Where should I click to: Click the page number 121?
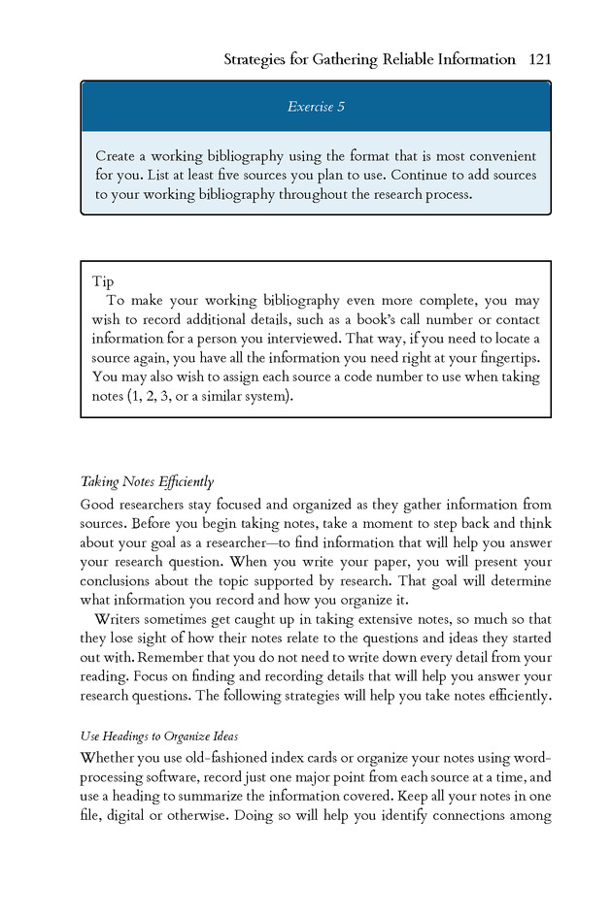[x=540, y=59]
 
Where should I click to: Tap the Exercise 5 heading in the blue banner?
[x=316, y=107]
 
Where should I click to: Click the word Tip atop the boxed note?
[x=103, y=282]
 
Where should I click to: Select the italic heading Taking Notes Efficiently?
[x=147, y=482]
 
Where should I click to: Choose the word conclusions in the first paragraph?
[x=119, y=581]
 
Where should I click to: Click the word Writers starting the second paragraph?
[x=121, y=619]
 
